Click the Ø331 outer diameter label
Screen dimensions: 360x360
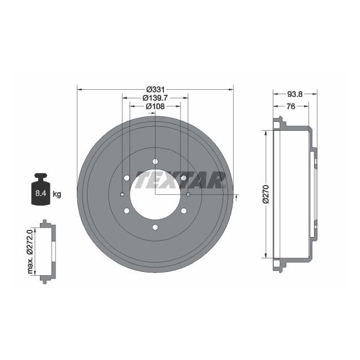(x=155, y=89)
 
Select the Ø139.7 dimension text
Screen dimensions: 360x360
(x=155, y=97)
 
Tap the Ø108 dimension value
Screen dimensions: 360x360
(x=155, y=106)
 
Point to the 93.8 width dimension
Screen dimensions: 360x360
(x=295, y=94)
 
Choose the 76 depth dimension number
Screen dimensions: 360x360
(x=290, y=106)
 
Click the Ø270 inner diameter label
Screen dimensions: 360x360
(x=265, y=194)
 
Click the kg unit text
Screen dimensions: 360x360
(x=57, y=194)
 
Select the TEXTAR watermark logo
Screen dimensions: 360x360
(x=180, y=180)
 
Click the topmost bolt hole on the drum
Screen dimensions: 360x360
(x=155, y=161)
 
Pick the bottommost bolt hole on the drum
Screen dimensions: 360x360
(x=155, y=228)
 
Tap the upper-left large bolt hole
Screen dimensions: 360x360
(x=127, y=178)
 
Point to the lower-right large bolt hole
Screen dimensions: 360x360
(x=183, y=211)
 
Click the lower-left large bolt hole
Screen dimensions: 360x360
(x=127, y=211)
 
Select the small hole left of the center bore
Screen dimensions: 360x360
(x=122, y=194)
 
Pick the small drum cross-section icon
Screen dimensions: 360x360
(x=45, y=253)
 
